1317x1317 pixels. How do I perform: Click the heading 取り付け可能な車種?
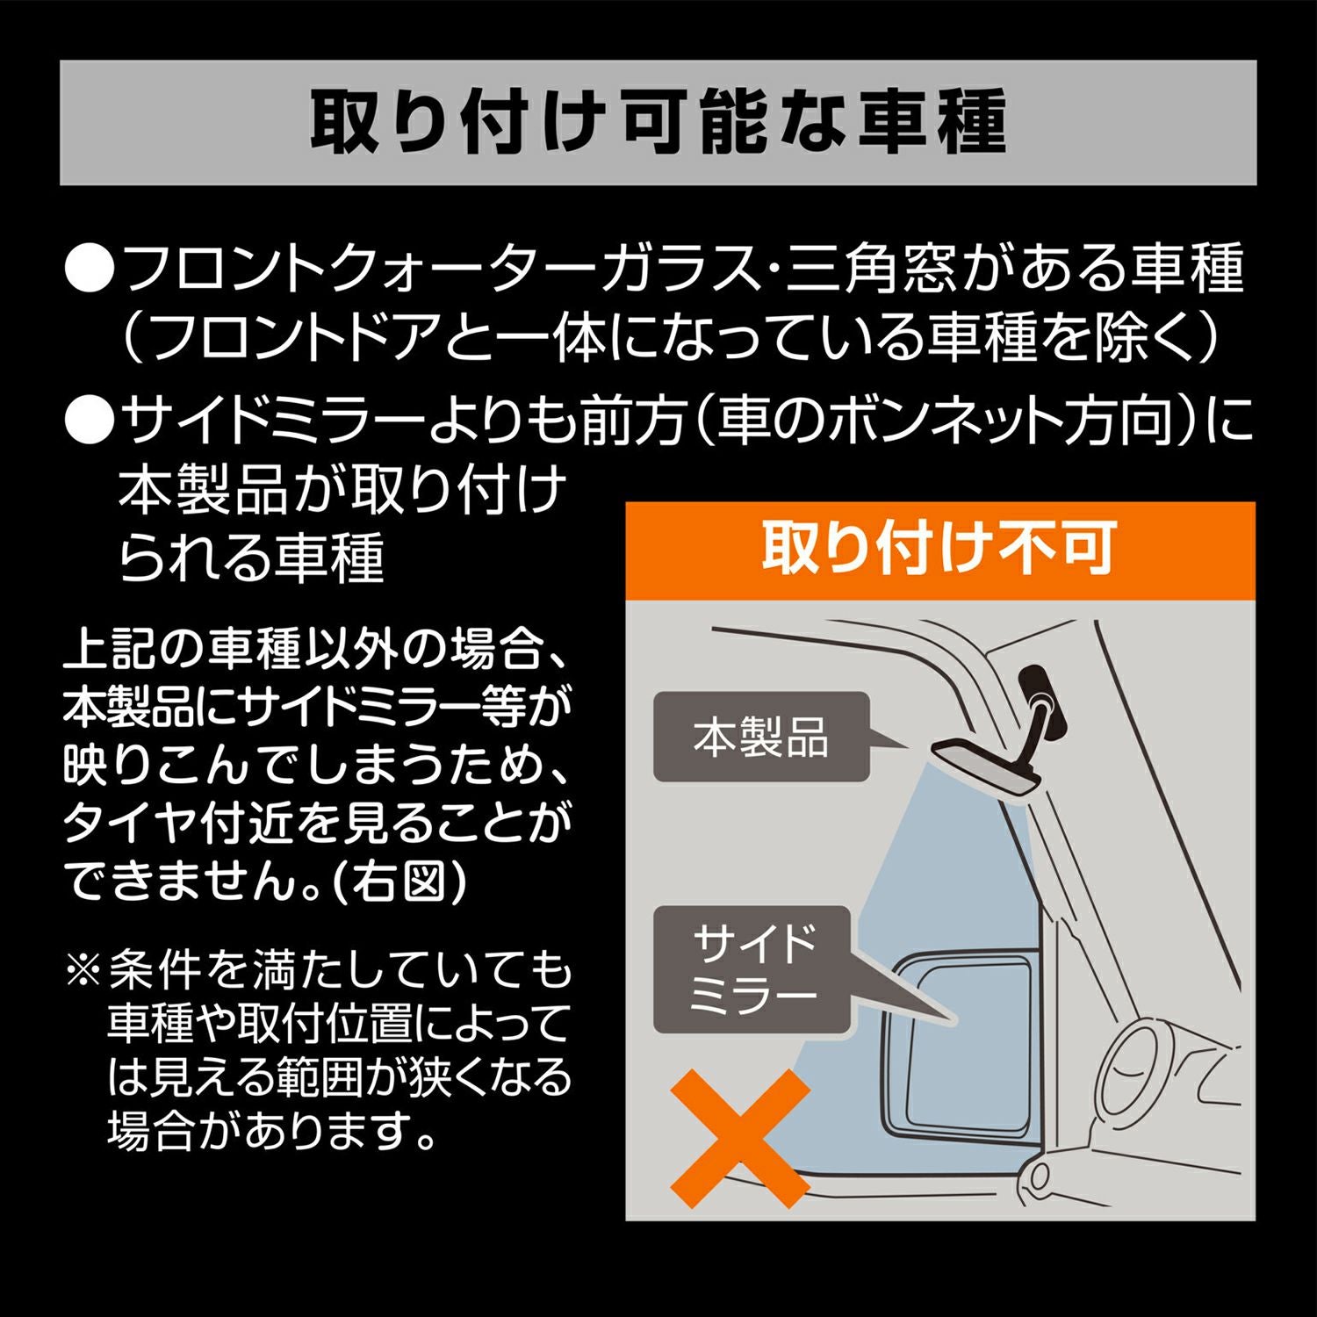coord(658,122)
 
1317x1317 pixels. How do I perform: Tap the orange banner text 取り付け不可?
coord(939,548)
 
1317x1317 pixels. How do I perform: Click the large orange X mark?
coord(739,1137)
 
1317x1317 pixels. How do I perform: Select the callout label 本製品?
coord(760,738)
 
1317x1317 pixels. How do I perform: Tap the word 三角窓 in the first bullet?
coord(869,270)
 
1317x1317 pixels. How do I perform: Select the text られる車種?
coord(251,558)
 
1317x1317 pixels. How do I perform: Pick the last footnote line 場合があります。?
coord(272,1130)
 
